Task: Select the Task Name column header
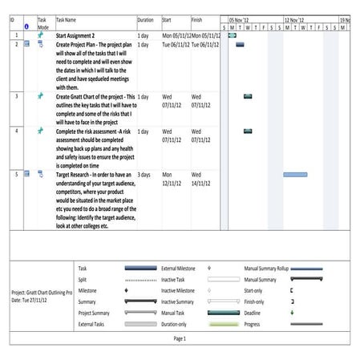[66, 18]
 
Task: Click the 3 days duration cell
[144, 174]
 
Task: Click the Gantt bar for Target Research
[294, 174]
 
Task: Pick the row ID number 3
[17, 96]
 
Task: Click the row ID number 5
[17, 174]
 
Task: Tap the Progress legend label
[256, 325]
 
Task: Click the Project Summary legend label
[95, 313]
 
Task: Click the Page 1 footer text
[180, 339]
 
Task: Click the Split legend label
[83, 279]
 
